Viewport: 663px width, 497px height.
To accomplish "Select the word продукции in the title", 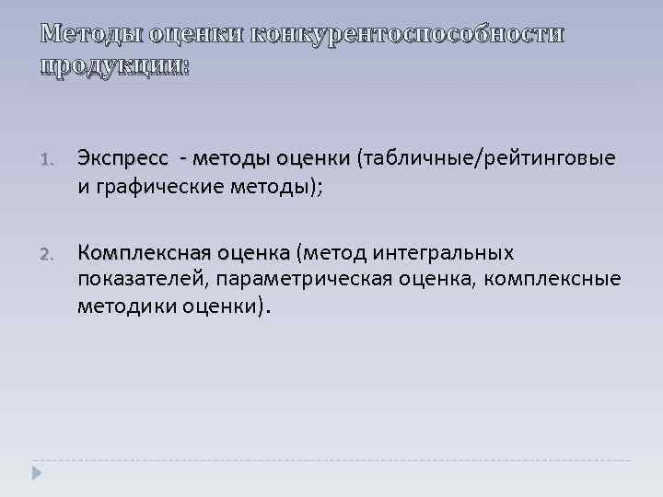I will (x=111, y=66).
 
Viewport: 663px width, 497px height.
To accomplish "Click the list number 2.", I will (x=49, y=254).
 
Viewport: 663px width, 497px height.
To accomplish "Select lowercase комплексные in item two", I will (x=555, y=278).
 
